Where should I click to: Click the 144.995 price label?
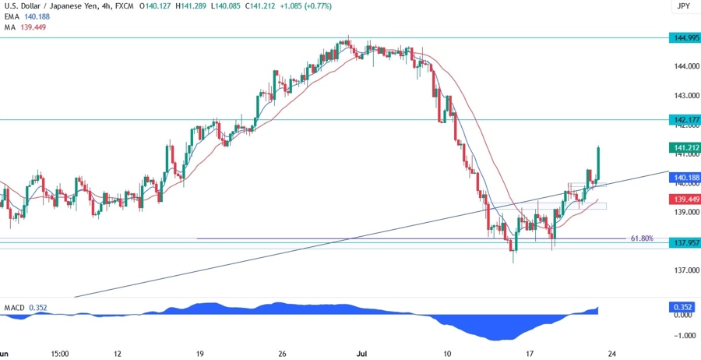[x=685, y=37]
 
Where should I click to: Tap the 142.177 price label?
[x=685, y=119]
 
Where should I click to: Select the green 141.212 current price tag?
[x=685, y=147]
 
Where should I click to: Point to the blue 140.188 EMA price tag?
[x=685, y=178]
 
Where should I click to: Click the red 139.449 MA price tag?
[x=685, y=199]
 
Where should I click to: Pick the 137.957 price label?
[x=685, y=243]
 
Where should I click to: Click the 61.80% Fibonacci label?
[x=643, y=238]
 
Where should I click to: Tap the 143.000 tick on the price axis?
[x=685, y=95]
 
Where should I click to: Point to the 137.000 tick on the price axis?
[x=685, y=270]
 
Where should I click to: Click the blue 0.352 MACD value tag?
[x=685, y=306]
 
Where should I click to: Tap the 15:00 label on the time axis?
[x=60, y=353]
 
